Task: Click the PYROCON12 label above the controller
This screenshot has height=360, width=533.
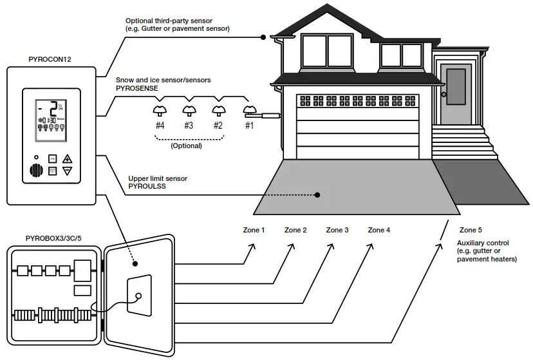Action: point(50,59)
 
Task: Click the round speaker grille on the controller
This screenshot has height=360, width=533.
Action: point(36,171)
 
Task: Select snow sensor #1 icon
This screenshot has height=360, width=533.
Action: point(249,110)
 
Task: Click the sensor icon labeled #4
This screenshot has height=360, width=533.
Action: point(160,110)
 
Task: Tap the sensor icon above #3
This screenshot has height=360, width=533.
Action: point(189,110)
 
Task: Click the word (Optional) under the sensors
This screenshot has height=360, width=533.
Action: point(186,146)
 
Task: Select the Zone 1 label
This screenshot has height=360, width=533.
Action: point(254,230)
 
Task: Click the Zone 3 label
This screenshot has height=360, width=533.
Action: point(337,230)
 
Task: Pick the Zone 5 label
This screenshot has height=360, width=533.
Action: point(471,230)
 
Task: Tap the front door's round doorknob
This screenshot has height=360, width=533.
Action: point(444,95)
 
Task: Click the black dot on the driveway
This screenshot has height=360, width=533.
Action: point(317,194)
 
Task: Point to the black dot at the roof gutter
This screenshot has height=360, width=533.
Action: point(263,37)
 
